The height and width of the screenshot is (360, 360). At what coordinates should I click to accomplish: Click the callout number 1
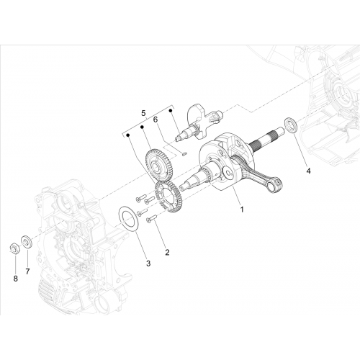click(242, 210)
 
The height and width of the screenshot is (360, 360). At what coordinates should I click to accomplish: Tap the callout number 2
click(167, 252)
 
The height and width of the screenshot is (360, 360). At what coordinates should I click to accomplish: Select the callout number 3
click(148, 264)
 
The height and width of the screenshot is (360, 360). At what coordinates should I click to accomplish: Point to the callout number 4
click(308, 171)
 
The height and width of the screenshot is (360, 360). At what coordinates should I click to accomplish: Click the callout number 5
click(143, 113)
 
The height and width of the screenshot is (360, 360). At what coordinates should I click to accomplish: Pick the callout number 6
click(156, 120)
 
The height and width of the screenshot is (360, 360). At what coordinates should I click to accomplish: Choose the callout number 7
click(27, 271)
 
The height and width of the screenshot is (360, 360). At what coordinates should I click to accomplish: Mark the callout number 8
click(16, 279)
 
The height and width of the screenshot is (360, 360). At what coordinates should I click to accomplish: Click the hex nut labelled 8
click(15, 248)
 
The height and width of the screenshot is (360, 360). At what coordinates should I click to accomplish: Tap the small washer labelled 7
click(26, 242)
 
